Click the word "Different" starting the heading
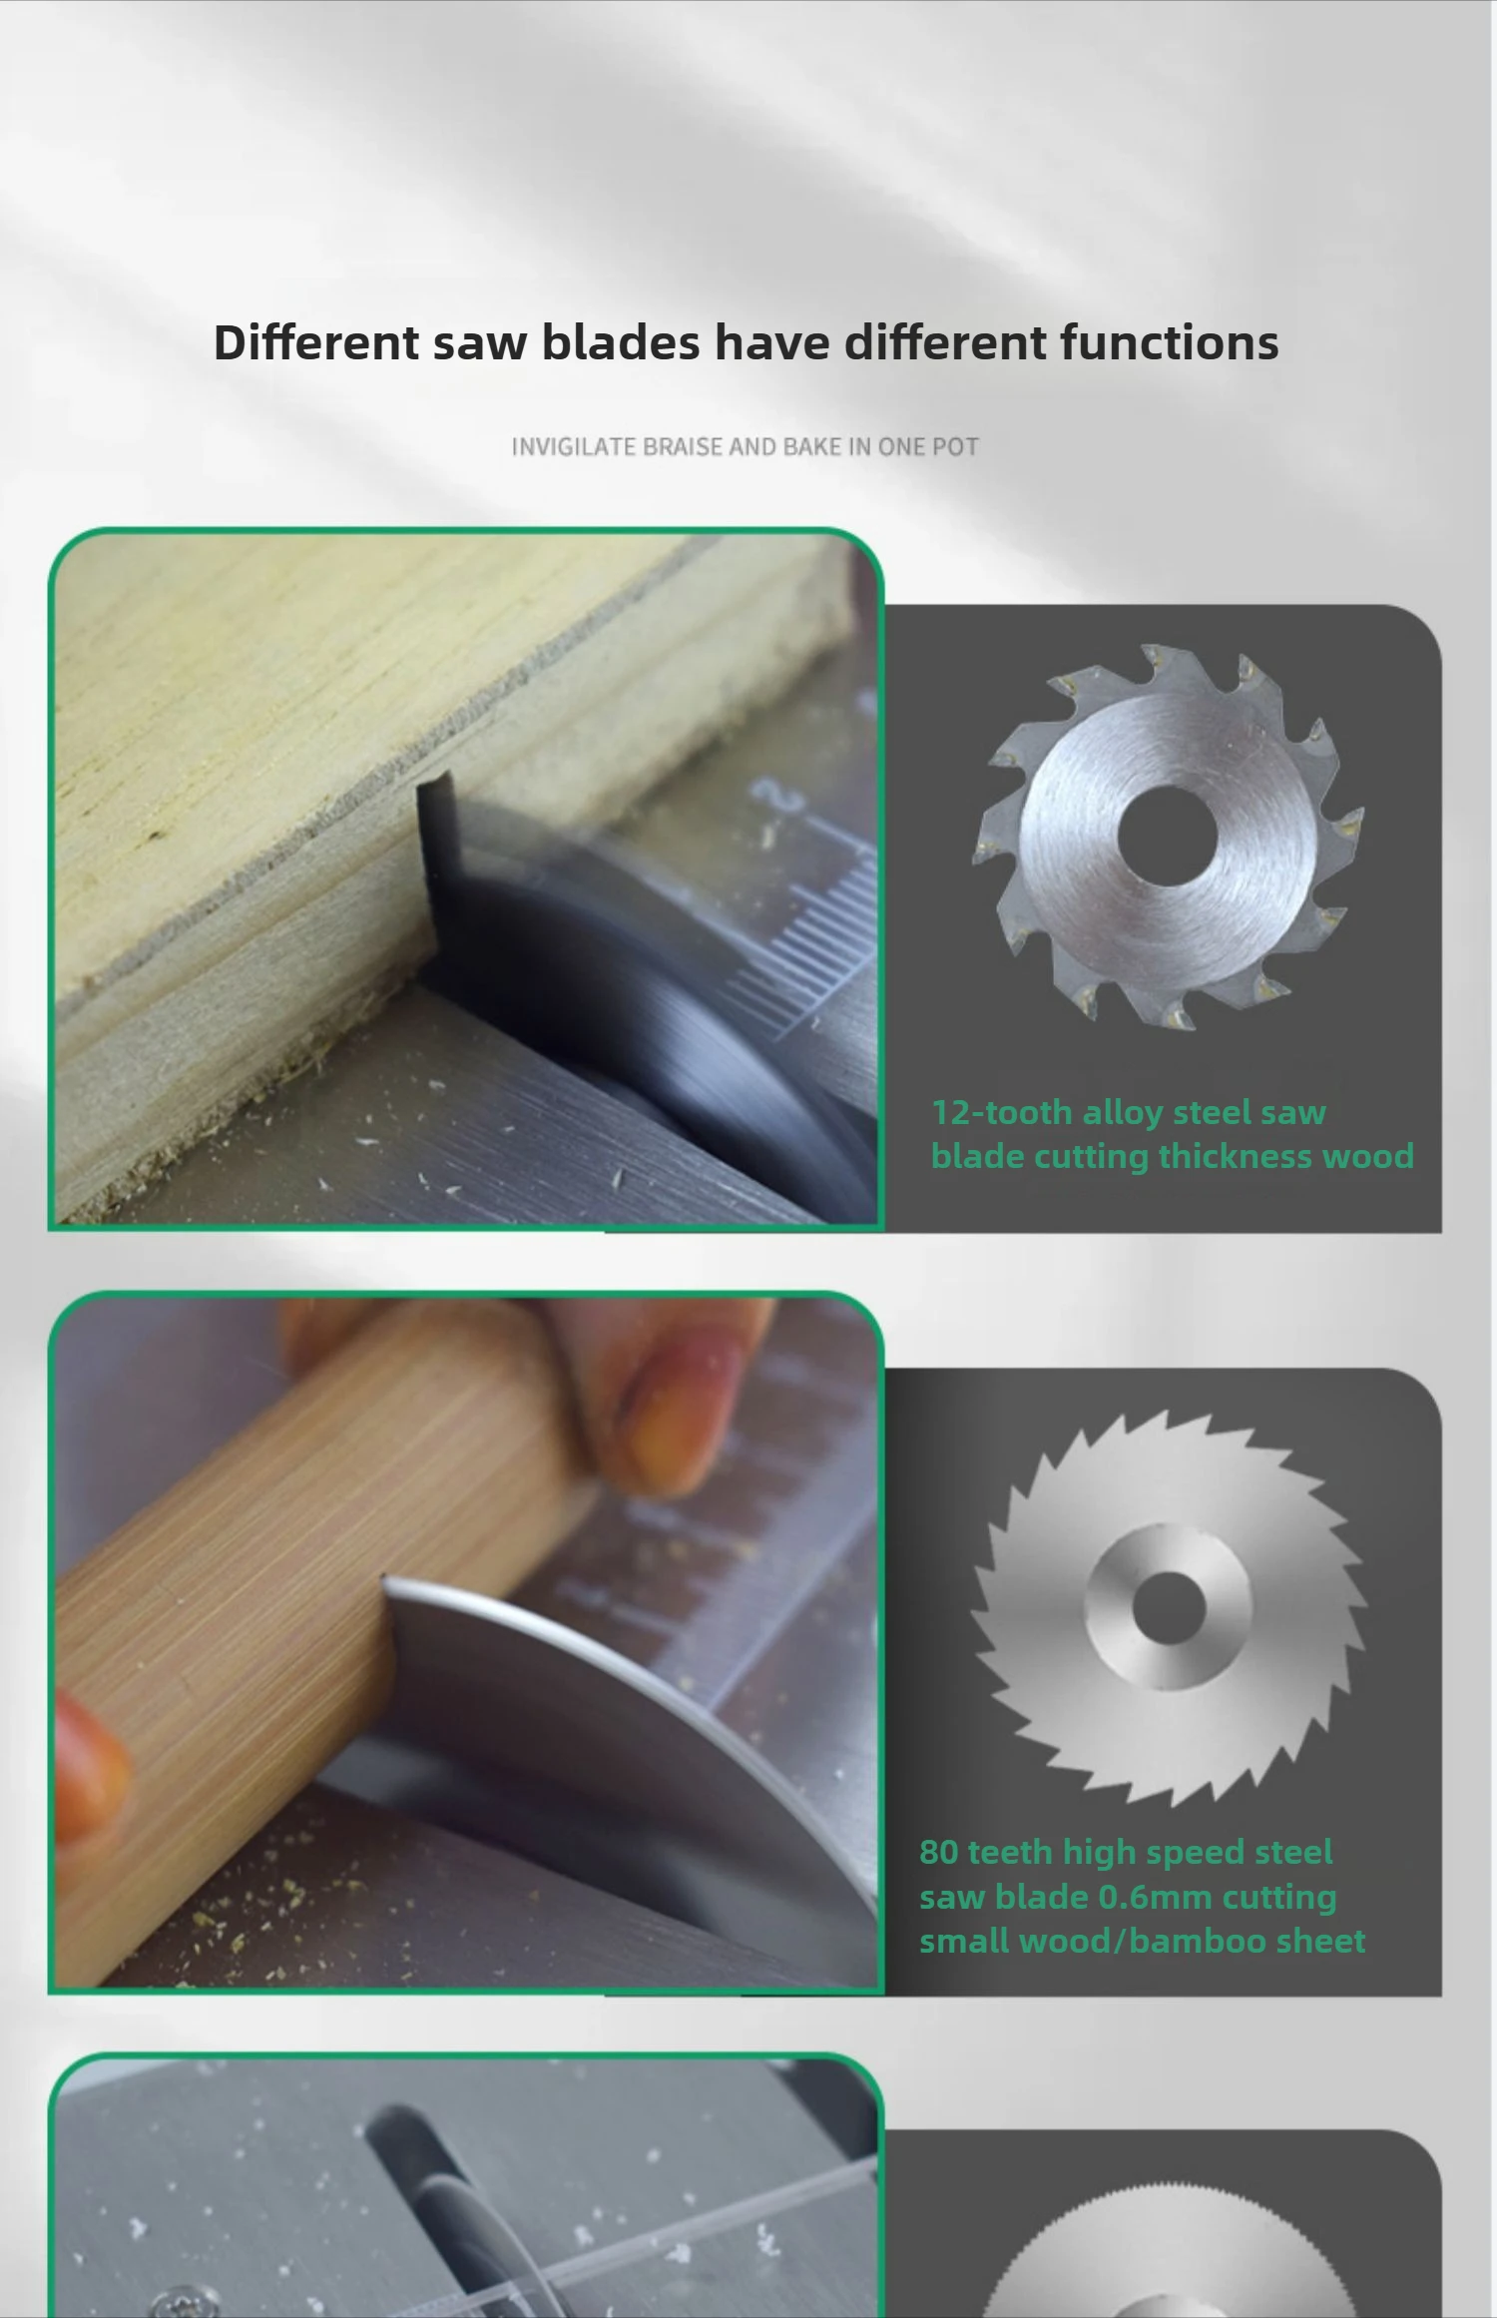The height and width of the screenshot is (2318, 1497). pos(316,342)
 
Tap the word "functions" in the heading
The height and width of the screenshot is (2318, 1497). pos(1169,342)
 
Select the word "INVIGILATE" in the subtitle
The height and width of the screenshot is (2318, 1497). pos(573,446)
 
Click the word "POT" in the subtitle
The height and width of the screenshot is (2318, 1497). pos(955,446)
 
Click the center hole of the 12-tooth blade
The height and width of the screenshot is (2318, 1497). pos(1167,835)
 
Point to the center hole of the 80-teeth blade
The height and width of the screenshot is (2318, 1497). pos(1169,1606)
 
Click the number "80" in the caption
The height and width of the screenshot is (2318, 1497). pos(938,1852)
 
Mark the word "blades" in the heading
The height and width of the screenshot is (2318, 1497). pos(620,342)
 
